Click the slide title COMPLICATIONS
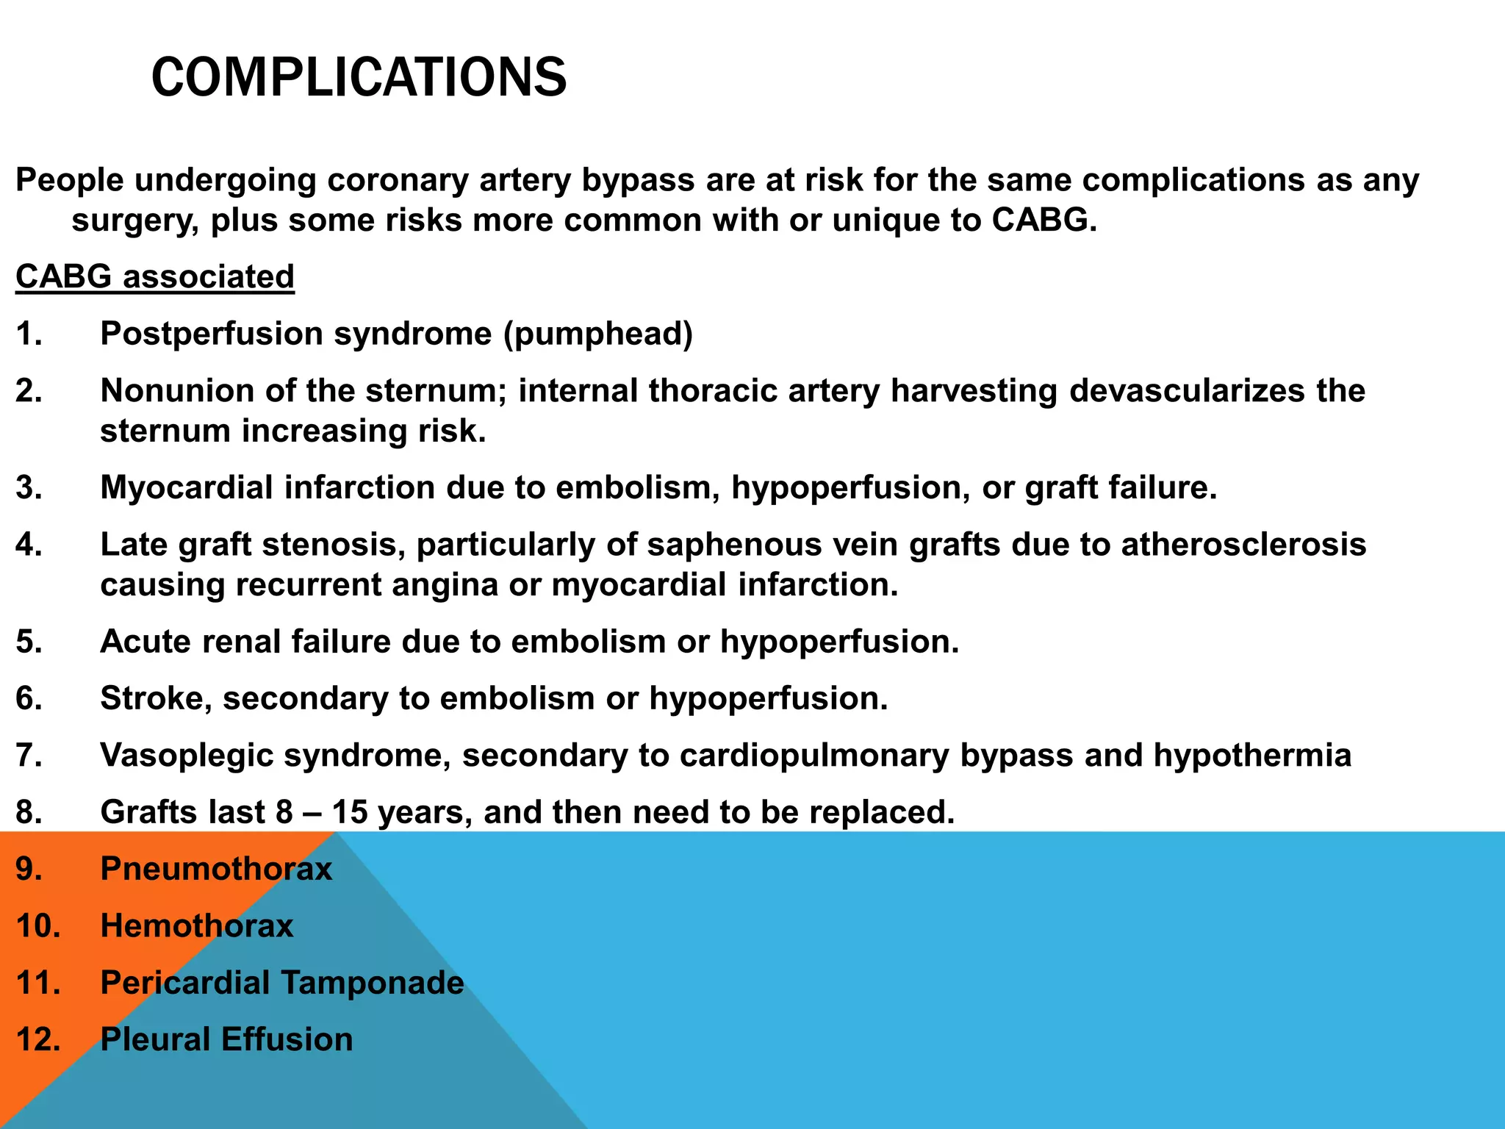359,77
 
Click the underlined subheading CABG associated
155,277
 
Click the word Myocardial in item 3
187,488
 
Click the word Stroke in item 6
151,698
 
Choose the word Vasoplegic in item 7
187,756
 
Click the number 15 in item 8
350,812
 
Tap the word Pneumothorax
216,869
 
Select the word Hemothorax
197,925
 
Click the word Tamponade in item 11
373,983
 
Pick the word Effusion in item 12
287,1039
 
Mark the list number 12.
37,1039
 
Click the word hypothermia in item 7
1252,756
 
